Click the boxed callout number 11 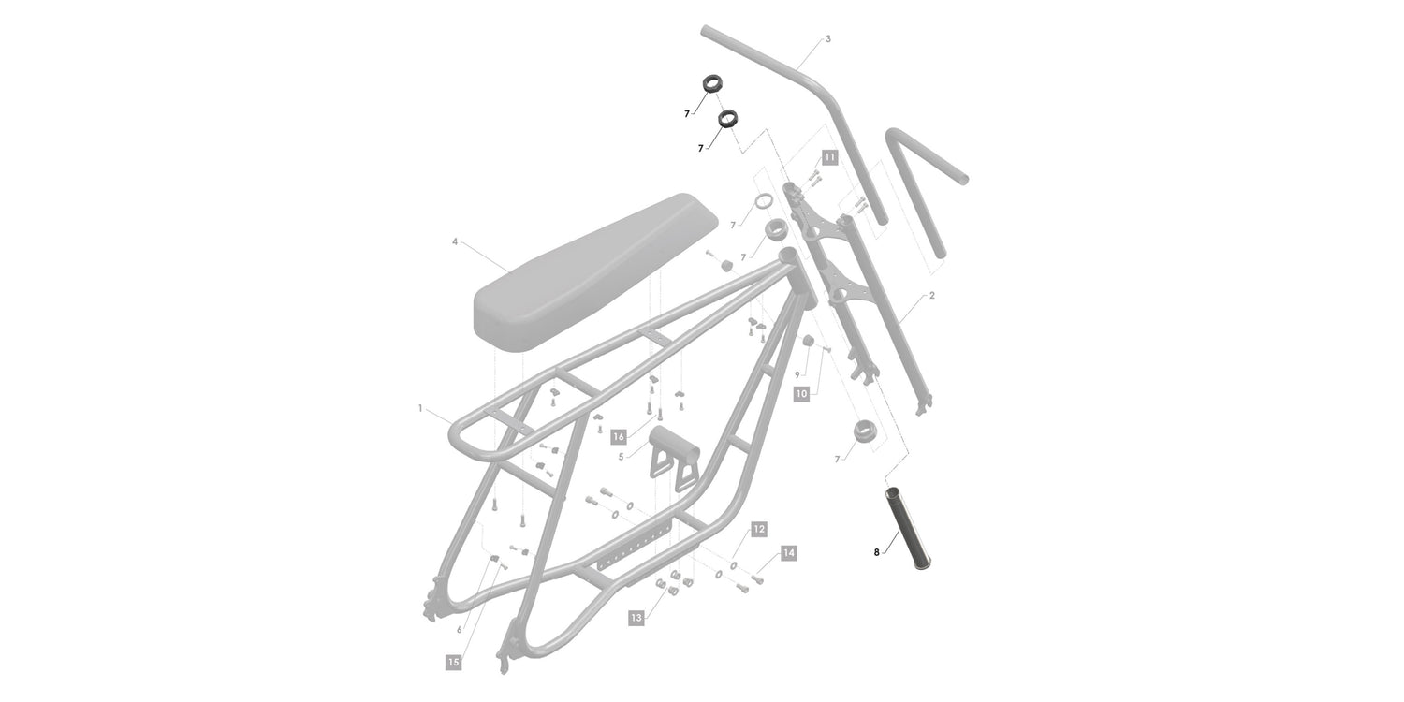(x=829, y=157)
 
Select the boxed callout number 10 (x=801, y=394)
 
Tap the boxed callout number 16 (x=619, y=436)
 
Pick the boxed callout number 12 (x=759, y=529)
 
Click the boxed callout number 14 (x=788, y=553)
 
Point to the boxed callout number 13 (x=636, y=618)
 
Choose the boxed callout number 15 (x=453, y=662)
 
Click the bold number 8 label (x=876, y=552)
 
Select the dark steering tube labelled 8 (x=908, y=529)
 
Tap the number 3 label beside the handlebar (x=828, y=39)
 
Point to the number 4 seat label (x=454, y=241)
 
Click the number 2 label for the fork (x=932, y=295)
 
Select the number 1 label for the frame (x=420, y=408)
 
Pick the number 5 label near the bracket (x=621, y=457)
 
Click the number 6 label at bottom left (x=460, y=629)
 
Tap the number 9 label (x=797, y=374)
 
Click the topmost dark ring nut (x=711, y=82)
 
